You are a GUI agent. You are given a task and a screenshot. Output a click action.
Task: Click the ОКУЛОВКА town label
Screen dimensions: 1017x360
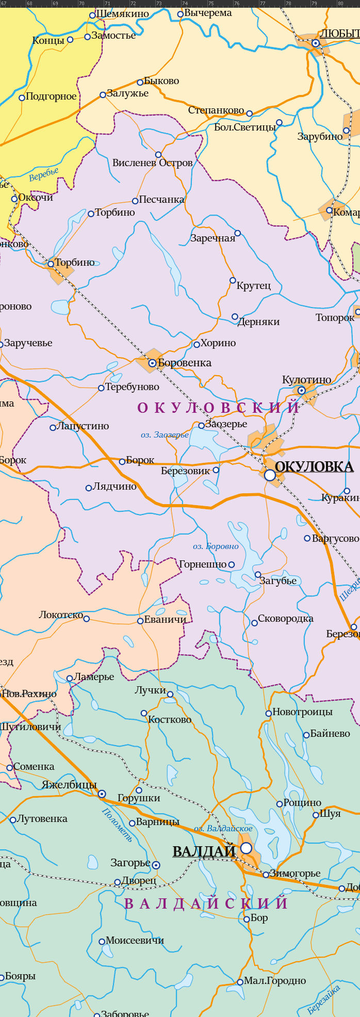(314, 466)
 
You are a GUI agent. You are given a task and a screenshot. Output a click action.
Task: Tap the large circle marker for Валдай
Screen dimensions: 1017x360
(247, 848)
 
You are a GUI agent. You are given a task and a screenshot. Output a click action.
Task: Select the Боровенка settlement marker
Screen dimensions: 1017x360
(152, 363)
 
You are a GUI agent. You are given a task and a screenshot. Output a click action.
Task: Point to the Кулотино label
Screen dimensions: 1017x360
(306, 380)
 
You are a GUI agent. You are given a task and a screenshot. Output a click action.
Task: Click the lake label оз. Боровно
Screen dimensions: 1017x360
(216, 546)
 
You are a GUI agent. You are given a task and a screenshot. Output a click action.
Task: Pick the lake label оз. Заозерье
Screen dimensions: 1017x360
(165, 435)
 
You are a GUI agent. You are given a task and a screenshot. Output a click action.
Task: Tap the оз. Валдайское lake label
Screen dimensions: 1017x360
(223, 828)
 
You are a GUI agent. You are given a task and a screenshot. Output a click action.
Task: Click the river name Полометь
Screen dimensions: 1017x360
(118, 824)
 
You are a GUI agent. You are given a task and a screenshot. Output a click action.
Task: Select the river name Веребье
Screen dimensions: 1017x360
(44, 174)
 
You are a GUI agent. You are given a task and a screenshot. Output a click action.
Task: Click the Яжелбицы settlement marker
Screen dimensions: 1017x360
(102, 794)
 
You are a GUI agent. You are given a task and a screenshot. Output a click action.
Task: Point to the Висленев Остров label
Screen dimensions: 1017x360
(152, 163)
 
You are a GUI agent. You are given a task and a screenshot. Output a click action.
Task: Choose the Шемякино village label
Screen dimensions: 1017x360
(122, 14)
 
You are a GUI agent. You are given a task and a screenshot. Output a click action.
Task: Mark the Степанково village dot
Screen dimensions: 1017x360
(249, 114)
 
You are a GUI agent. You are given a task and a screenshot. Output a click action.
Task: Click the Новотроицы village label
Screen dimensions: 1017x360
(302, 712)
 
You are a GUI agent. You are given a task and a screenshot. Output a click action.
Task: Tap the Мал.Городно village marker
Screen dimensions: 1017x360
(240, 982)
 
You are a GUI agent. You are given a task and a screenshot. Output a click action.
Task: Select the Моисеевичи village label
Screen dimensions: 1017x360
(135, 940)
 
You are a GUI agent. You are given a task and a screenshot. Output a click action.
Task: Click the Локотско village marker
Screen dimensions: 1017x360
(87, 619)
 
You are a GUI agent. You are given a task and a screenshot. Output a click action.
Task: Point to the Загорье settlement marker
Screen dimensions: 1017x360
(156, 865)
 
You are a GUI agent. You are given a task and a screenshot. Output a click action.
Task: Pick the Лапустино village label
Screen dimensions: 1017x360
(83, 426)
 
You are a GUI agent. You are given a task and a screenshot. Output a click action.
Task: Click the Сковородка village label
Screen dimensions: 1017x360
(285, 619)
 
